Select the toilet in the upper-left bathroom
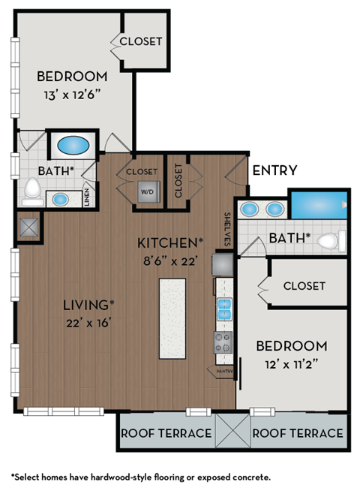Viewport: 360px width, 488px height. pyautogui.click(x=32, y=191)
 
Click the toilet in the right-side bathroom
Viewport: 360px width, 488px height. pyautogui.click(x=331, y=241)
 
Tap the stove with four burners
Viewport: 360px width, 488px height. pyautogui.click(x=223, y=342)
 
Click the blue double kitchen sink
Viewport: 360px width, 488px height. pyautogui.click(x=223, y=308)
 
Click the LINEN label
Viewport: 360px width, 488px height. pyautogui.click(x=88, y=198)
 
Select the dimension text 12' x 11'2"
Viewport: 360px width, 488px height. pyautogui.click(x=292, y=363)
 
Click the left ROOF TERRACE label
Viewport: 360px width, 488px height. pyautogui.click(x=166, y=433)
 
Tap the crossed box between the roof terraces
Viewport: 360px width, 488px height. pyautogui.click(x=232, y=430)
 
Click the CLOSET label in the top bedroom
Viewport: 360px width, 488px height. pyautogui.click(x=140, y=41)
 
